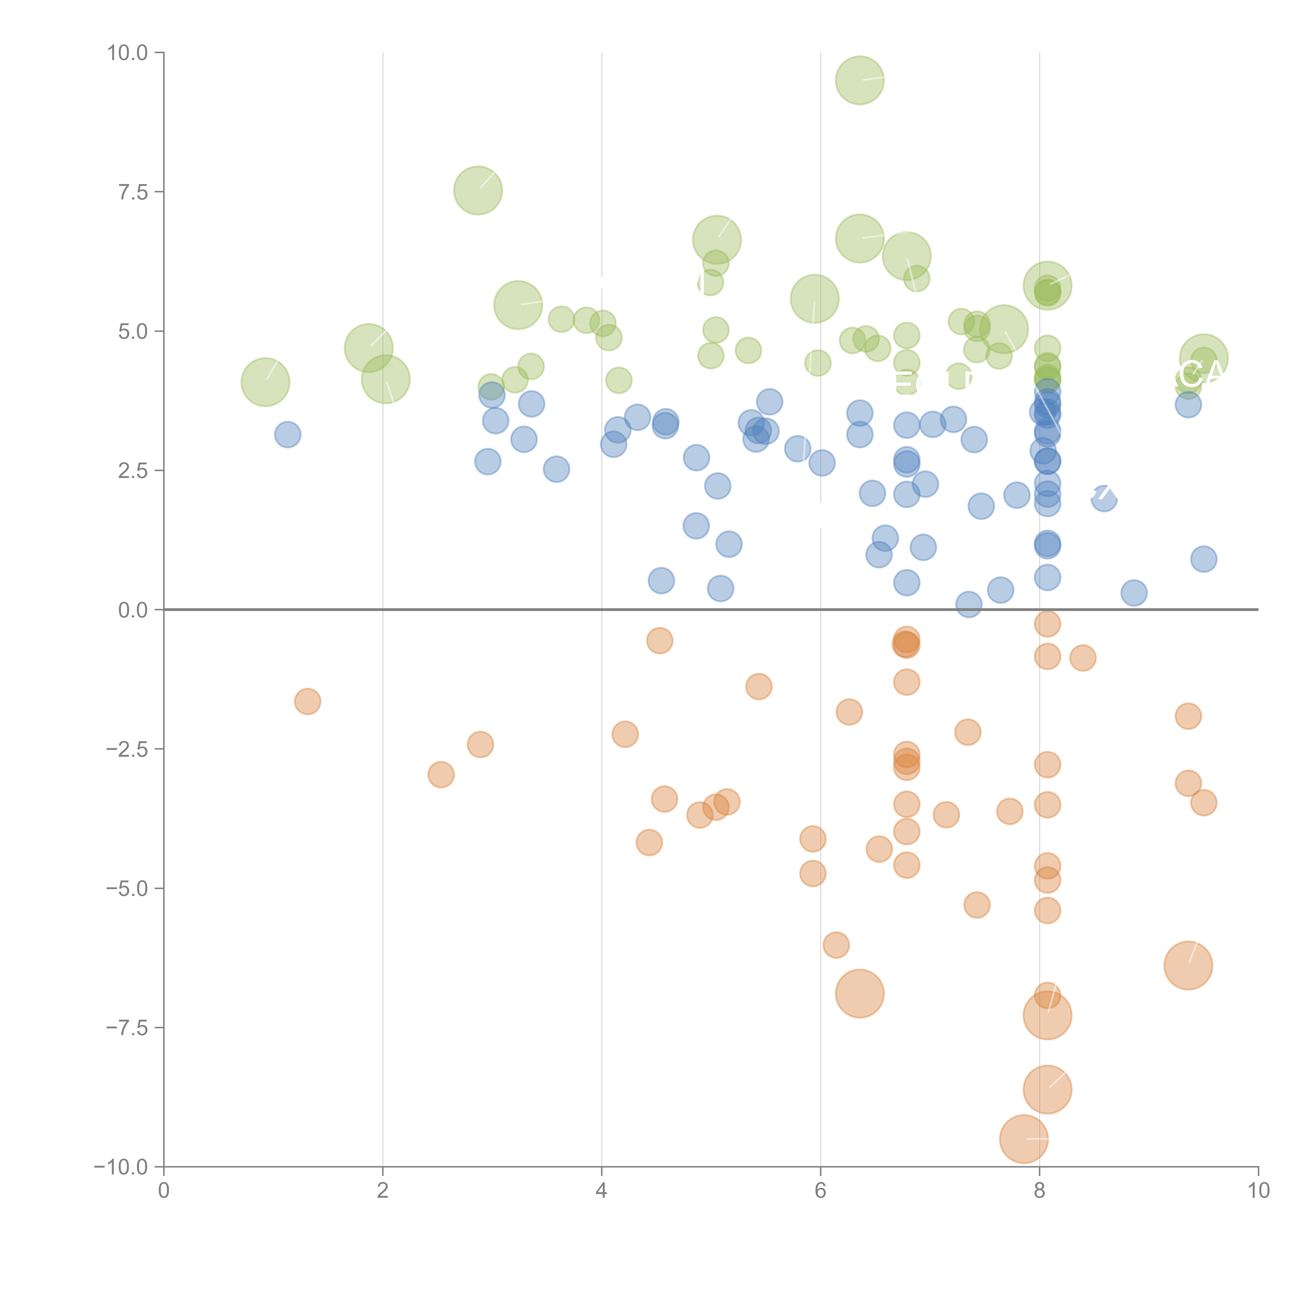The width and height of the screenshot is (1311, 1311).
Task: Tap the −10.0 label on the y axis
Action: tap(121, 1167)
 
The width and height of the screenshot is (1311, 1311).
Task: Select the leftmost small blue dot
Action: tap(288, 434)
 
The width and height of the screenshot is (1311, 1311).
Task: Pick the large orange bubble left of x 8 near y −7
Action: tap(860, 993)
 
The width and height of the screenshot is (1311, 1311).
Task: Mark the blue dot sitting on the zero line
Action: tap(968, 604)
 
